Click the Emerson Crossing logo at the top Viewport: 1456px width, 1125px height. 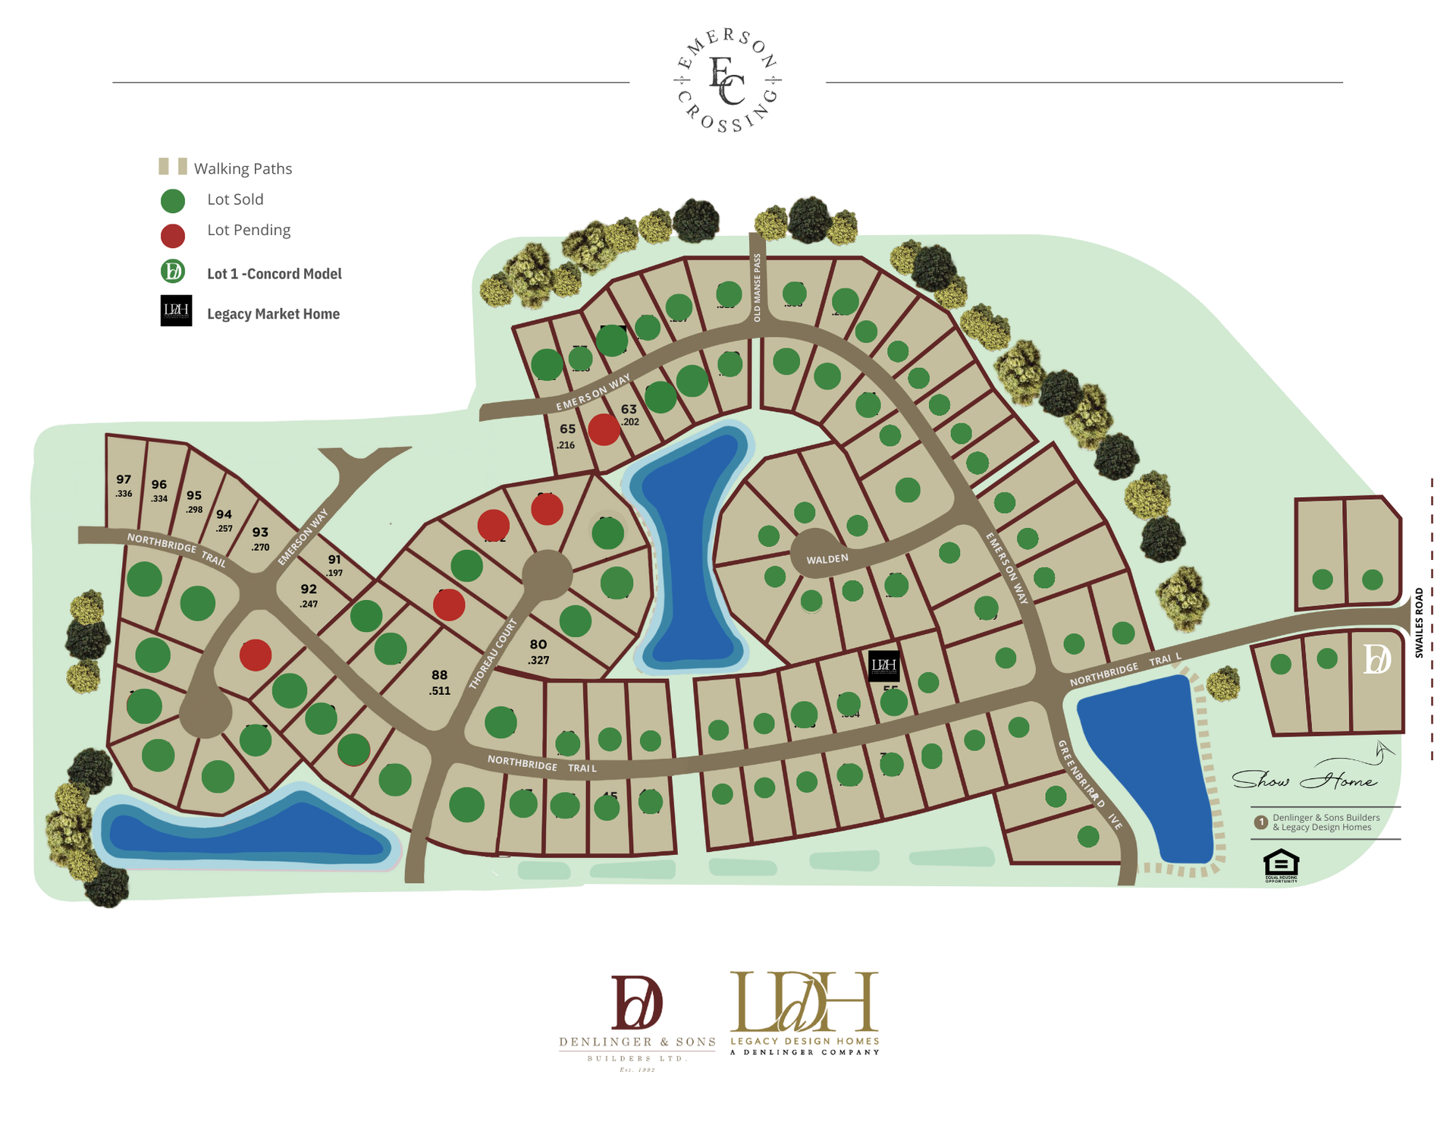(727, 80)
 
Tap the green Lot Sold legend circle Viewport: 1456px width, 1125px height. (173, 201)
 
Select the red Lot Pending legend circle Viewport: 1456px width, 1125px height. (173, 236)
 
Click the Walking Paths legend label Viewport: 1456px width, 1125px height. (243, 168)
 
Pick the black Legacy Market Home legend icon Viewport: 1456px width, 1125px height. (176, 311)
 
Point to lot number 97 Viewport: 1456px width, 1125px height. (124, 479)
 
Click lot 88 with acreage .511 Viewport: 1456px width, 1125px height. (440, 675)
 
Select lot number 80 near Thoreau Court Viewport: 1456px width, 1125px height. (538, 645)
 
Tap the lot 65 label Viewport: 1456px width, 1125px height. (567, 429)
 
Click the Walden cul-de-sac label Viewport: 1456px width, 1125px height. (827, 559)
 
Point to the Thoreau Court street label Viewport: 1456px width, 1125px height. (493, 653)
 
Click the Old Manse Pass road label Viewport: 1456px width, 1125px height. (757, 288)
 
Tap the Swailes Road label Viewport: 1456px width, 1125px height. (1419, 622)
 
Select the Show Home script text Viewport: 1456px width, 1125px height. (1304, 780)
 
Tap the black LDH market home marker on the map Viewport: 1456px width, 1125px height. (883, 665)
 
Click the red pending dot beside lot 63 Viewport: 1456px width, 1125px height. (604, 429)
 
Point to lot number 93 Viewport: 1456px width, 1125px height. (260, 533)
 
